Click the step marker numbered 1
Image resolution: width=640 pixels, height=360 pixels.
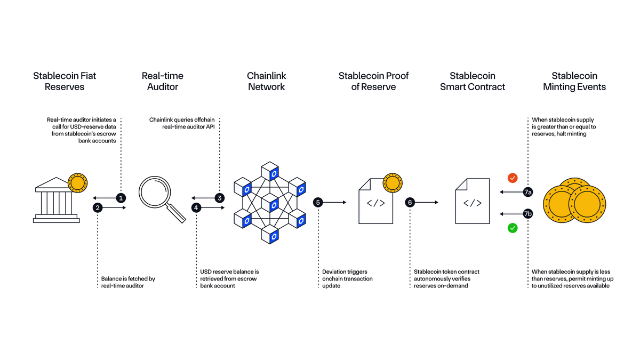(x=121, y=197)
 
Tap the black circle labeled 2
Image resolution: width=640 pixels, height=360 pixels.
(x=98, y=207)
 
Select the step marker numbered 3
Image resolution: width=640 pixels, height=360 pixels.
(x=220, y=197)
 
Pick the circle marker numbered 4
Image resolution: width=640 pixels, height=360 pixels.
(x=197, y=207)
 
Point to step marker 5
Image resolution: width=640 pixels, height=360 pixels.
(x=318, y=202)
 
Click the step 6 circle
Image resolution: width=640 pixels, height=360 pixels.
(x=410, y=202)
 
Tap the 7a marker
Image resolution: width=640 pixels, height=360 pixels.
(x=527, y=191)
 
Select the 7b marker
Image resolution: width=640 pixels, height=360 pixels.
(x=527, y=214)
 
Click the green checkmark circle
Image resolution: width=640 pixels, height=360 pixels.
(x=513, y=228)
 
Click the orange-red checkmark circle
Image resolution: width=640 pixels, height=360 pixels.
(x=513, y=177)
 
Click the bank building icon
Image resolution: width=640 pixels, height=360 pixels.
(x=53, y=202)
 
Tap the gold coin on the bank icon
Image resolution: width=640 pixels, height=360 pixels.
(x=78, y=182)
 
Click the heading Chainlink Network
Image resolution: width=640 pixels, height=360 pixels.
(x=266, y=81)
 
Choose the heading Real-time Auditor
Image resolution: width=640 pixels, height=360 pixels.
(x=162, y=81)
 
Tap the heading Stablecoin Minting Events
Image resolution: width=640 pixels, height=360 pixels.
(x=574, y=81)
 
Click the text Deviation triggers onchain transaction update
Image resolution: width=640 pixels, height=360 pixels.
(x=347, y=279)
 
